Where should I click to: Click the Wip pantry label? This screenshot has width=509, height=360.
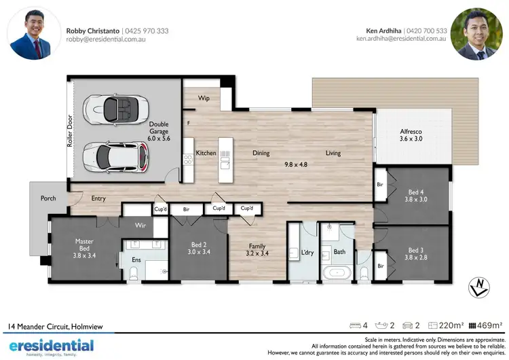(x=204, y=98)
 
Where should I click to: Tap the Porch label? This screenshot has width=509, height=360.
(x=48, y=198)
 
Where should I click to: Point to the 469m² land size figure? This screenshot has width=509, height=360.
(x=492, y=326)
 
